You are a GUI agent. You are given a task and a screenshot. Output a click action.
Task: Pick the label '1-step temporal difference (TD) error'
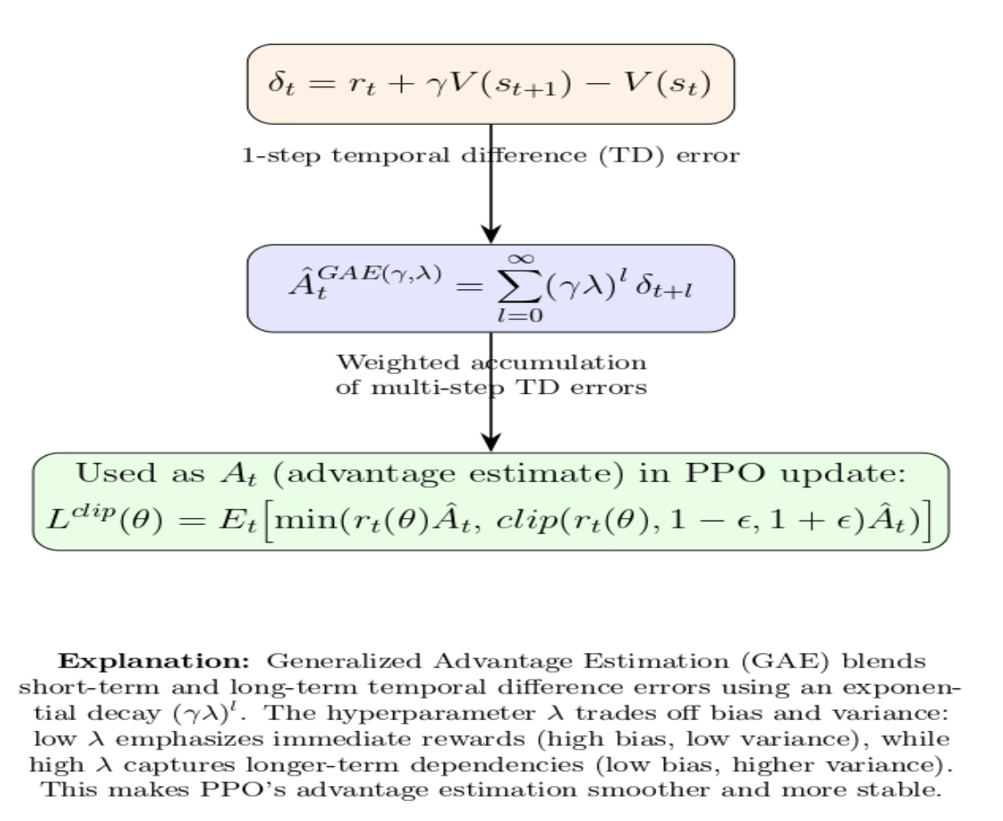click(x=491, y=156)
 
